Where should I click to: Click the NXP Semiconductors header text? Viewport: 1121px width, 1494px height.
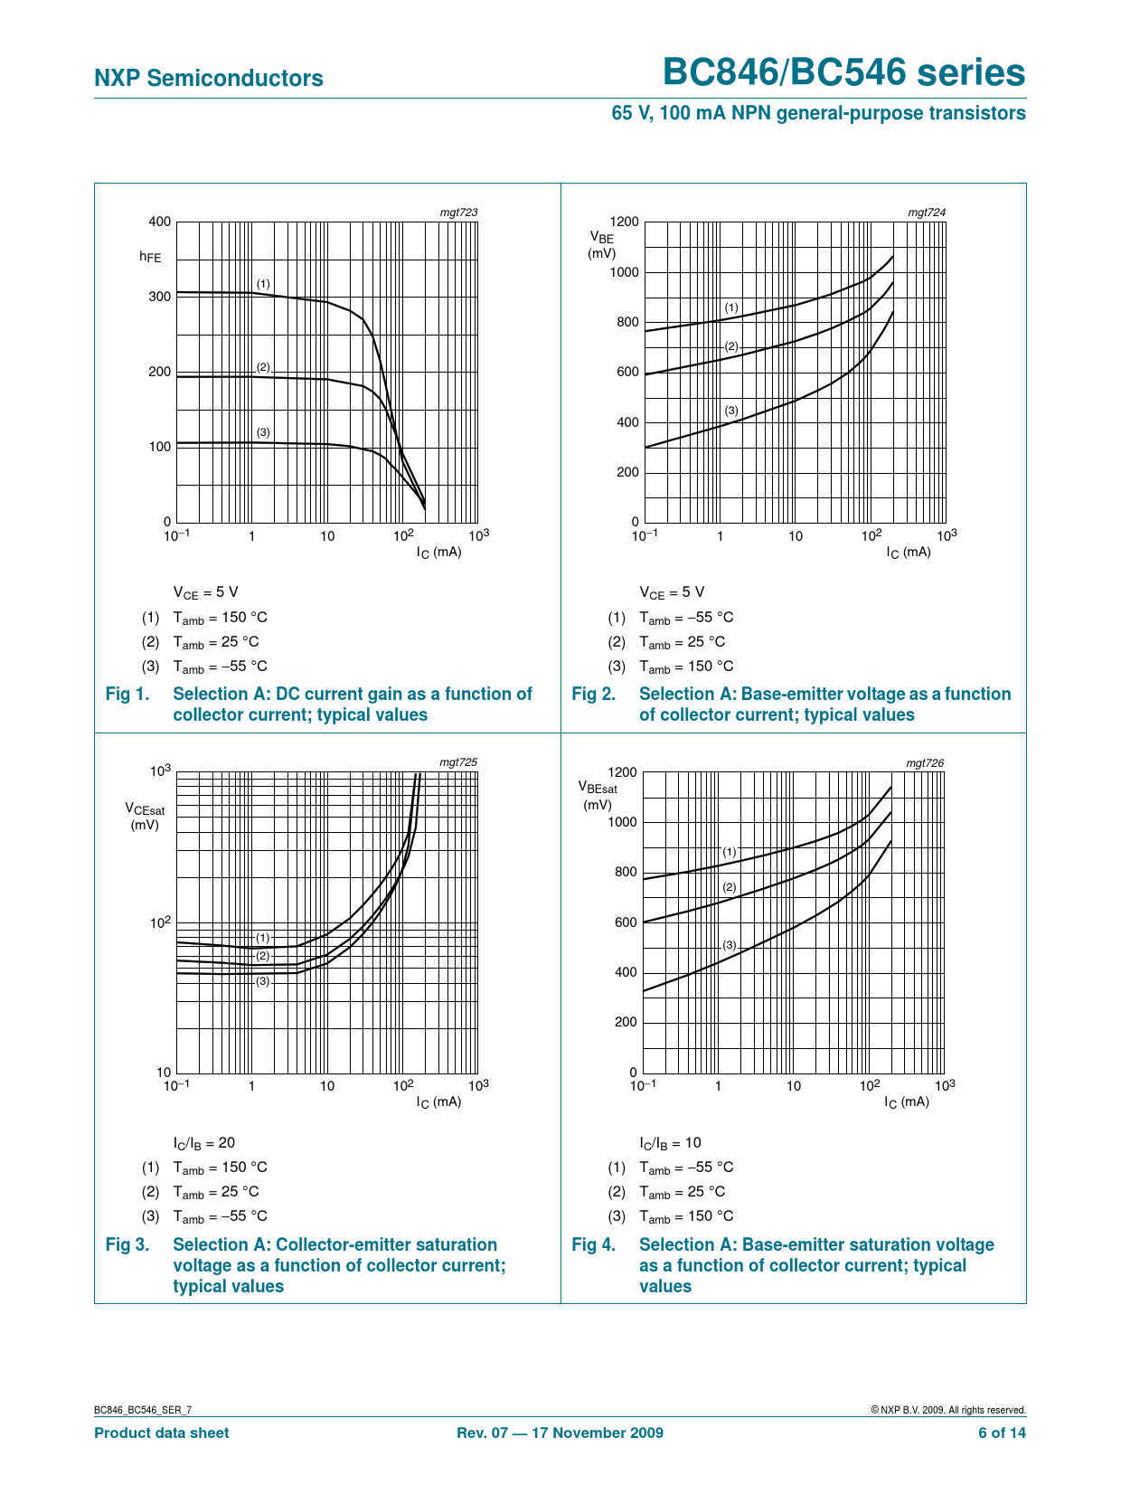point(208,79)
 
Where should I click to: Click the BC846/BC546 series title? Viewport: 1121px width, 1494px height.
point(843,72)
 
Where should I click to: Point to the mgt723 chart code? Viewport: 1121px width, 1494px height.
point(458,213)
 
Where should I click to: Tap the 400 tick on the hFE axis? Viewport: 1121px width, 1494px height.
point(159,222)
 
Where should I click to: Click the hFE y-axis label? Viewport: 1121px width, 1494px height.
point(150,257)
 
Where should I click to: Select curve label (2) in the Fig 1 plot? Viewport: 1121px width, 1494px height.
point(263,367)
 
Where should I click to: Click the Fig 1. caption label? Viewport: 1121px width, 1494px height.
point(127,694)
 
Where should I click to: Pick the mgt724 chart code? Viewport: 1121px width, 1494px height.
point(927,213)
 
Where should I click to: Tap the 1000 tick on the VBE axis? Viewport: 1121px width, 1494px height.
point(624,272)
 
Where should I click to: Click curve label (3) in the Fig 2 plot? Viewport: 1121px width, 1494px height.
point(731,411)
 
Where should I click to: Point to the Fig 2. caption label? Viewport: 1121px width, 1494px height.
point(594,694)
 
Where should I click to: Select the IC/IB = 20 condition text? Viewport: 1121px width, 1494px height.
point(204,1143)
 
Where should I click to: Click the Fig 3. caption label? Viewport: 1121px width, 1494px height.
point(127,1244)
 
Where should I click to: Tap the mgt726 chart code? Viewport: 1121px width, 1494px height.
point(925,762)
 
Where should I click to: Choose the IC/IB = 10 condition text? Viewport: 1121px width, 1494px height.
point(670,1143)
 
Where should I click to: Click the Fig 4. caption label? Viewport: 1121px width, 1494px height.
point(594,1244)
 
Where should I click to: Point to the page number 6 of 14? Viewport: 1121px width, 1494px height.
point(1002,1433)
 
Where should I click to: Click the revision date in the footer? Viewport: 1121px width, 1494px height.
point(560,1433)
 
